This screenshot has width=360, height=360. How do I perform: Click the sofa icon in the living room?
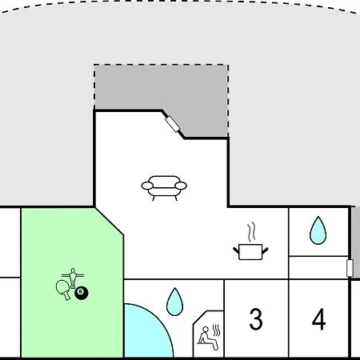164,188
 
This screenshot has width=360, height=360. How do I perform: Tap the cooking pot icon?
250,252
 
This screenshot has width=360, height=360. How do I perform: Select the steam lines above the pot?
251,232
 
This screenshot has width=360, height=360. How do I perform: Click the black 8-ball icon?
82,293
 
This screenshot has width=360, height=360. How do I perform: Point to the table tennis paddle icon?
63,289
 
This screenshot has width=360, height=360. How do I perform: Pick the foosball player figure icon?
73,278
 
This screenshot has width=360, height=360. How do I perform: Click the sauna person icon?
208,338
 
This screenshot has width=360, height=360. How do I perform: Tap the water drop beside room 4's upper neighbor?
318,230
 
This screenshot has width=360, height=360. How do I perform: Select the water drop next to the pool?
174,302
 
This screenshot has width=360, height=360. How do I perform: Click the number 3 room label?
256,318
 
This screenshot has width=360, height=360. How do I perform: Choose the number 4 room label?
319,319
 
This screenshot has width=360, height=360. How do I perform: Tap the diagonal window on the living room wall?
173,124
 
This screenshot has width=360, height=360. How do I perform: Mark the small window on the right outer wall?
350,268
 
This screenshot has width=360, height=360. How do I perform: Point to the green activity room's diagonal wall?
110,222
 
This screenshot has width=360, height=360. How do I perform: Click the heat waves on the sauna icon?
217,330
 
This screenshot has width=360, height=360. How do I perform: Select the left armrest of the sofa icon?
147,186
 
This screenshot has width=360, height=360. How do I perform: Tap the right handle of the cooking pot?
266,250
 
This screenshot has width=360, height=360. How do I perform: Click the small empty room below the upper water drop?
318,267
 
